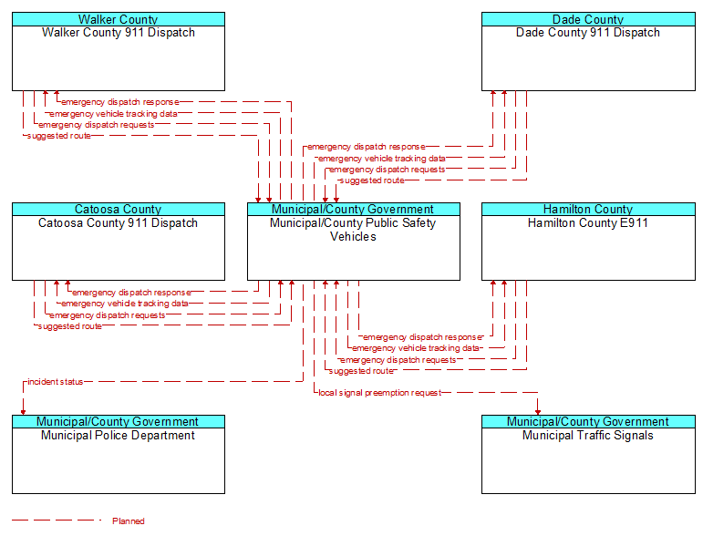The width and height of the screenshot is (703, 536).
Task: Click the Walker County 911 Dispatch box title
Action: pos(119,33)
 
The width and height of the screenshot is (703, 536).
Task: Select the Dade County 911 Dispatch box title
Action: pos(588,33)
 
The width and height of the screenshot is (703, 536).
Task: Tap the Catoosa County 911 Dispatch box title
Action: pos(118,223)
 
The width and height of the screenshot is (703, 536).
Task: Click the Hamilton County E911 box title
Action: pos(588,222)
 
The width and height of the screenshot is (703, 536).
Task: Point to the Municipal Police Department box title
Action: pos(118,436)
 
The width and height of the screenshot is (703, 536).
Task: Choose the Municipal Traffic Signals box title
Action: pos(588,436)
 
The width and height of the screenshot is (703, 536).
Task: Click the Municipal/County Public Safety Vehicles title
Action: pos(353,230)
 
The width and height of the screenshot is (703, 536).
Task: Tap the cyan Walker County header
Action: pos(119,19)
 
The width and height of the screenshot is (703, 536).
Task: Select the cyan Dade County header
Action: pos(588,19)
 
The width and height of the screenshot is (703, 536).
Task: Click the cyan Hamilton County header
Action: pos(588,210)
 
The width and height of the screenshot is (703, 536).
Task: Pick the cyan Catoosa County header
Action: pos(119,210)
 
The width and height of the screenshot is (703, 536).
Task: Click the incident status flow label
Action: pos(55,382)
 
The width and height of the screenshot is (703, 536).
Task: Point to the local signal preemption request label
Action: pos(379,393)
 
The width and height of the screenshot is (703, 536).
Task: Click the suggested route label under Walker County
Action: pos(58,136)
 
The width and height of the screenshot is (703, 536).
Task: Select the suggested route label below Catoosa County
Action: pos(70,326)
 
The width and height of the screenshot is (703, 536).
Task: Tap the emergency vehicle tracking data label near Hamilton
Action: pos(416,348)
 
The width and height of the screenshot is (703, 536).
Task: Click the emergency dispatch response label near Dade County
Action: pos(366,147)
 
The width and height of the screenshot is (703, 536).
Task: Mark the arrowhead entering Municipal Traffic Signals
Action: pos(538,412)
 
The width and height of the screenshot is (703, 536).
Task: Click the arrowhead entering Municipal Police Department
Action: pos(23,412)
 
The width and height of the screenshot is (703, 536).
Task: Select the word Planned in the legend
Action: pos(129,521)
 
